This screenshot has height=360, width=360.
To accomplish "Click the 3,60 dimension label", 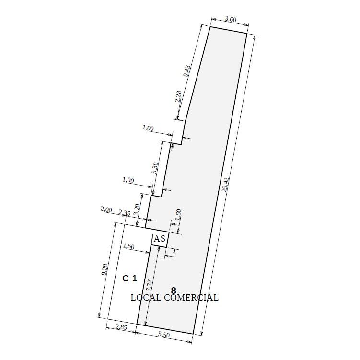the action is (x=230, y=20).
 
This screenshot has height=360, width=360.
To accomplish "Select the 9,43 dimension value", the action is (x=187, y=71).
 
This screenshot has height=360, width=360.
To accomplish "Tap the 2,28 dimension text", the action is (x=178, y=96).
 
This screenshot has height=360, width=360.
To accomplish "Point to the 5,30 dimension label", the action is (x=155, y=168).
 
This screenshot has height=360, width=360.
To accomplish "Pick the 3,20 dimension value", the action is (x=136, y=209).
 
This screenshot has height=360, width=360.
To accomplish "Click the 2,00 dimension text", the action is (x=106, y=209).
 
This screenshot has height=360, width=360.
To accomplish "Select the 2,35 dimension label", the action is (x=124, y=213).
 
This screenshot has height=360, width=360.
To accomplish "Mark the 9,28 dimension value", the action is (x=104, y=269).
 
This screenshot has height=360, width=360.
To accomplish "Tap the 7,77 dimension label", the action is (x=149, y=285).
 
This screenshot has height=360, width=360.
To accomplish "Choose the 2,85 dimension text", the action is (x=121, y=327).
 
